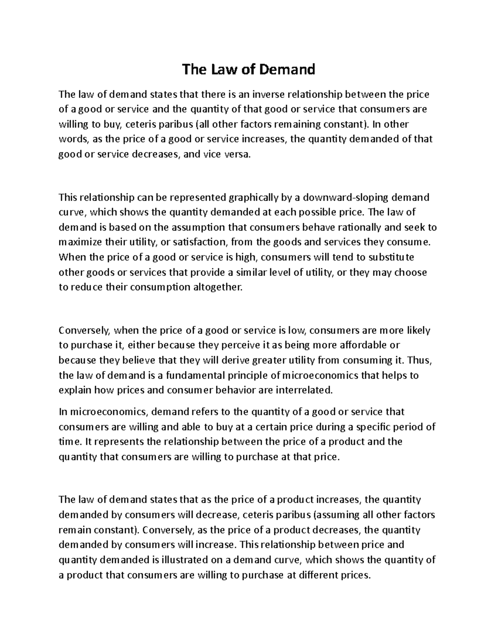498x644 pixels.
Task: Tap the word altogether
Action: click(x=218, y=287)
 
